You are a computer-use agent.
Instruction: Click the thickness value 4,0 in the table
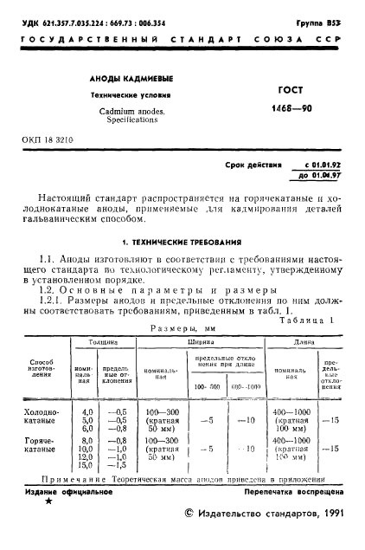pos(87,411)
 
